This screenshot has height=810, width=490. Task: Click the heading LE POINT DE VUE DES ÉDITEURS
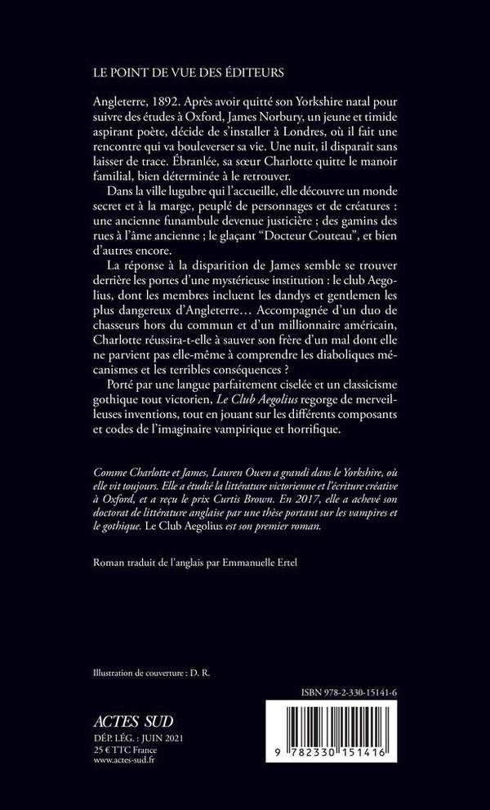(x=188, y=73)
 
